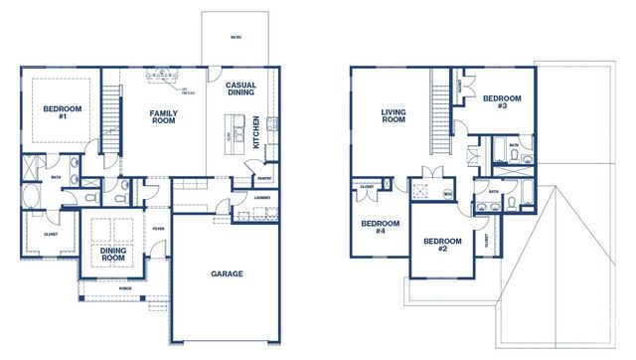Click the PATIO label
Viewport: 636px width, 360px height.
coord(236,37)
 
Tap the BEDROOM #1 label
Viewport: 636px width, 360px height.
coord(61,111)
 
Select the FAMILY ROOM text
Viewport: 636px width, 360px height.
coord(163,117)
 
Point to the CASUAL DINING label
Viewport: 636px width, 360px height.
coord(240,90)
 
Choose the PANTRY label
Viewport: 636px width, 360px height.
coord(263,179)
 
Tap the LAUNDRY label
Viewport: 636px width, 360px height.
coord(262,197)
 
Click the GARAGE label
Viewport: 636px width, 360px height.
coord(227,273)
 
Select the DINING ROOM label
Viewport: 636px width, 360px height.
coord(112,255)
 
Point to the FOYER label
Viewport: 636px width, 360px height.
coord(158,228)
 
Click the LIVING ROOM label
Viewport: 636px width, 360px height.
coord(395,117)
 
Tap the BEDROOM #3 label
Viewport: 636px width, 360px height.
coord(503,101)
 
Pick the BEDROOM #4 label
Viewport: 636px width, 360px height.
coord(373,228)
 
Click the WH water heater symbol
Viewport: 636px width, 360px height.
coord(447,193)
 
